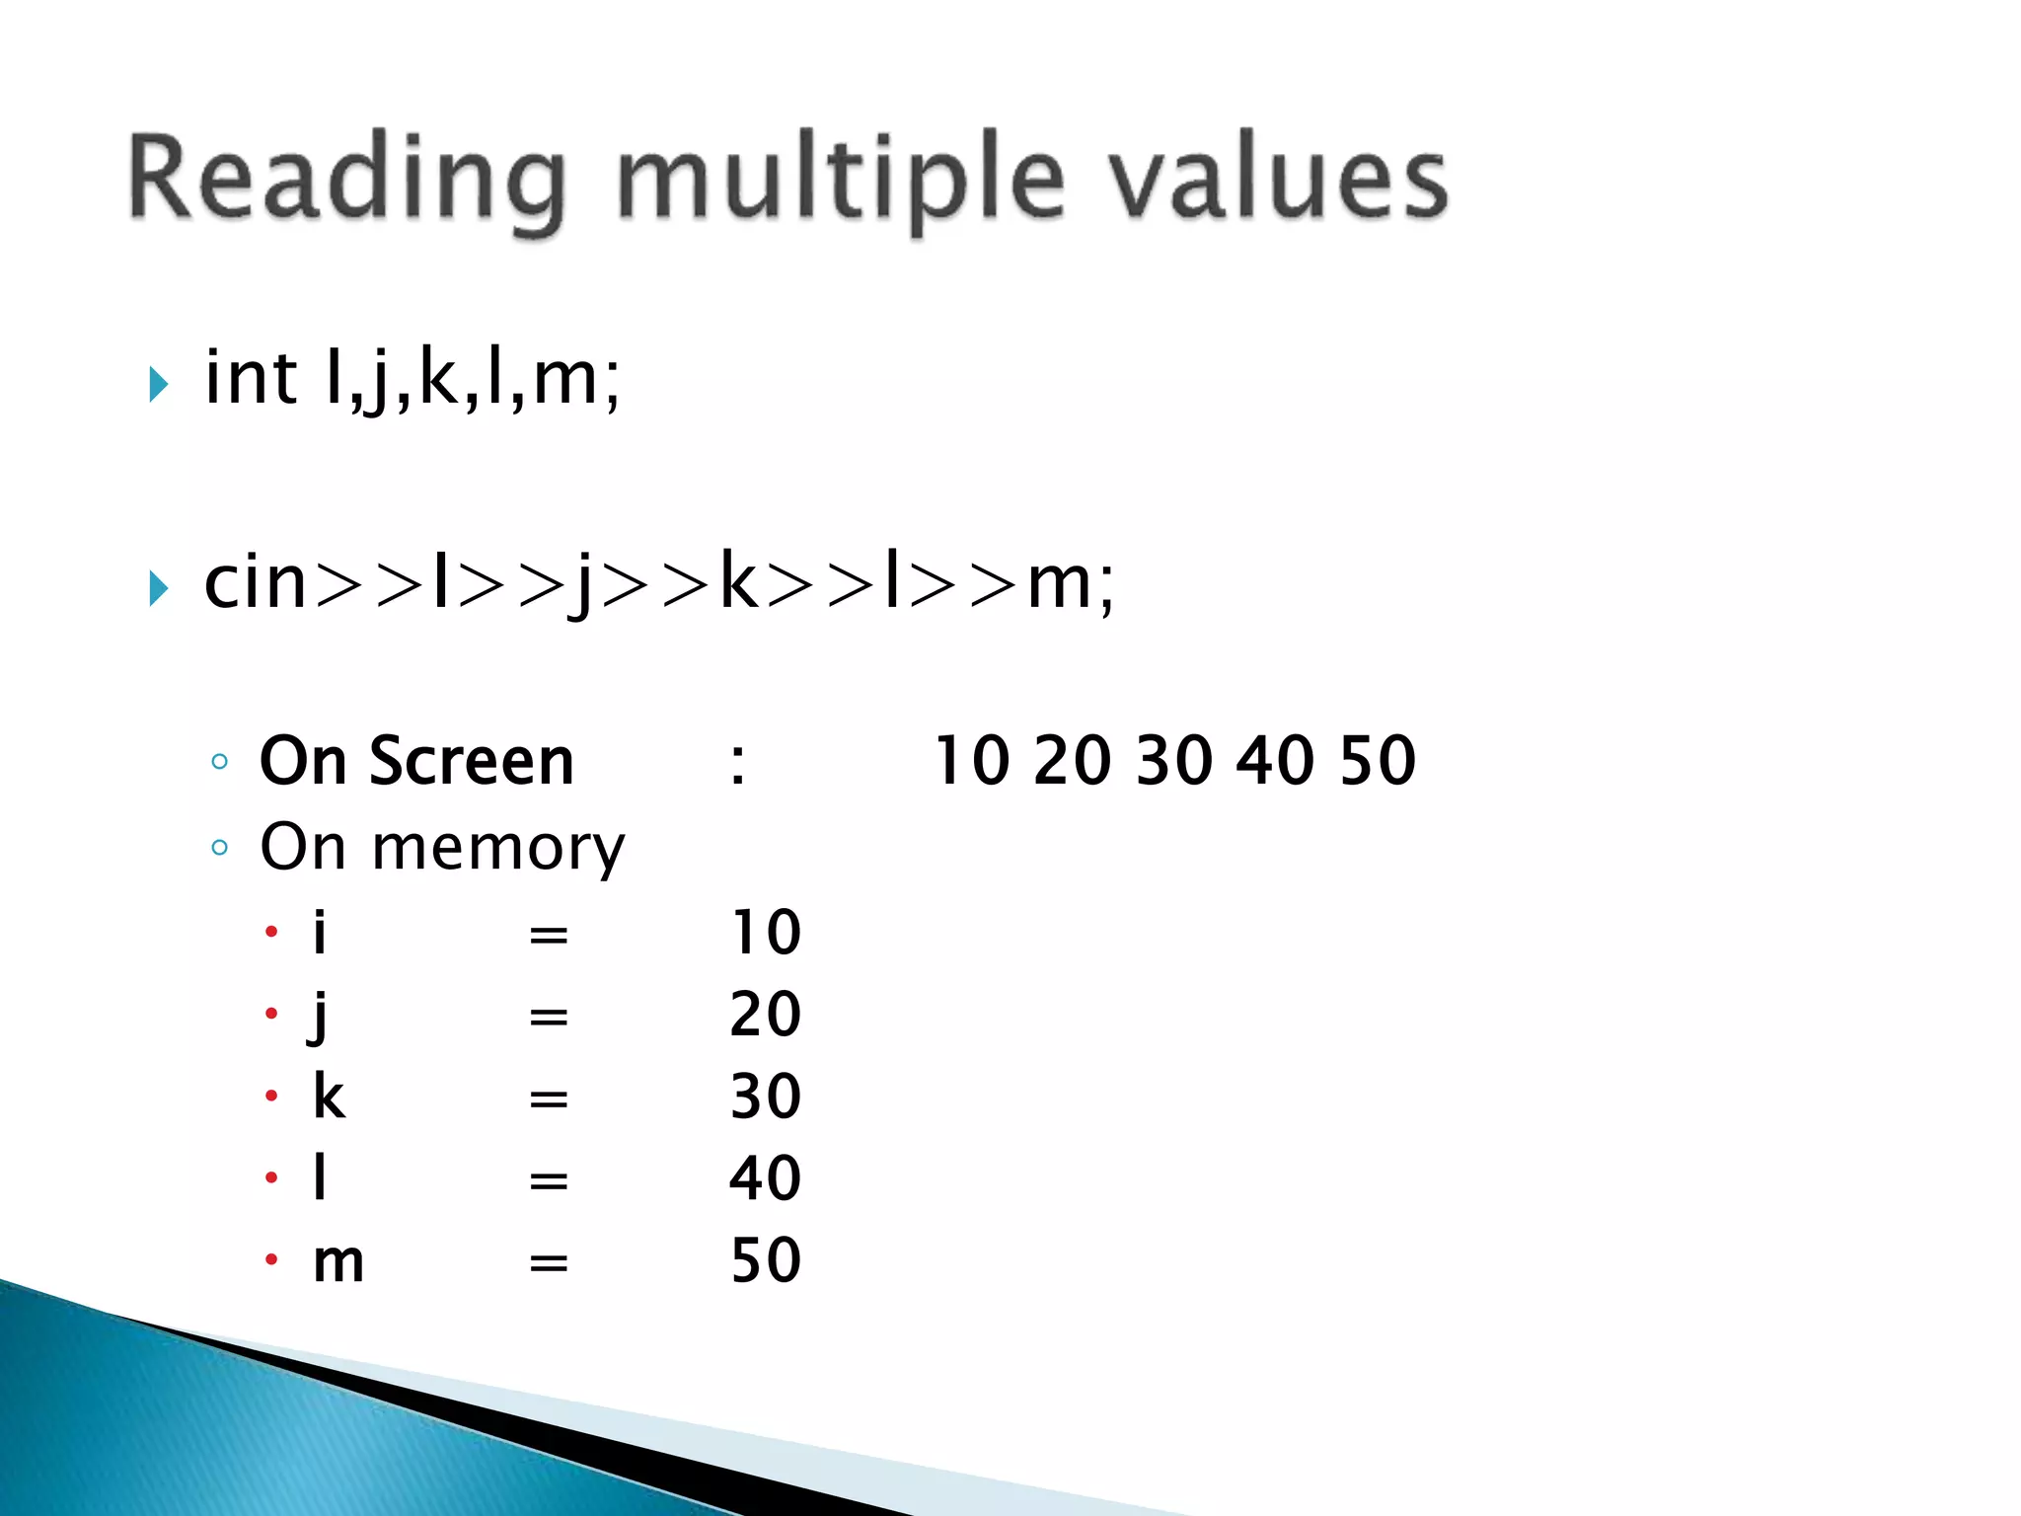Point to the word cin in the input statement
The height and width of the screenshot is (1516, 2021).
point(256,582)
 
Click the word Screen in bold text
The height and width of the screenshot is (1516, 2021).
point(471,761)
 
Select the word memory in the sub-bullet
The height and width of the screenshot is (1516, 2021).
point(498,848)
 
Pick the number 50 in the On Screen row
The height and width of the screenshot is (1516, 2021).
point(1378,761)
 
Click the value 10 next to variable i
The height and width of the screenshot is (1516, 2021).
point(765,933)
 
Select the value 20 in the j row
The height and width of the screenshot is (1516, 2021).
point(765,1015)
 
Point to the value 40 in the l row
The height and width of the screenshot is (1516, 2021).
point(765,1178)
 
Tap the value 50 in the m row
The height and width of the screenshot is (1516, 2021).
point(765,1260)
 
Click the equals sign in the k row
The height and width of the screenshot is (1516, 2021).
point(549,1099)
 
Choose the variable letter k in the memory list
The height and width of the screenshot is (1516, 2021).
point(329,1097)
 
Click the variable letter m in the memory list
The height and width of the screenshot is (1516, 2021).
point(338,1262)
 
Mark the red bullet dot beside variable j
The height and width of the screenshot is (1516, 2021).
point(271,1014)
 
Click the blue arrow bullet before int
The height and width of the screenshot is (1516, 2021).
point(159,384)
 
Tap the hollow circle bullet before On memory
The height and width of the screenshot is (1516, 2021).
point(220,848)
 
